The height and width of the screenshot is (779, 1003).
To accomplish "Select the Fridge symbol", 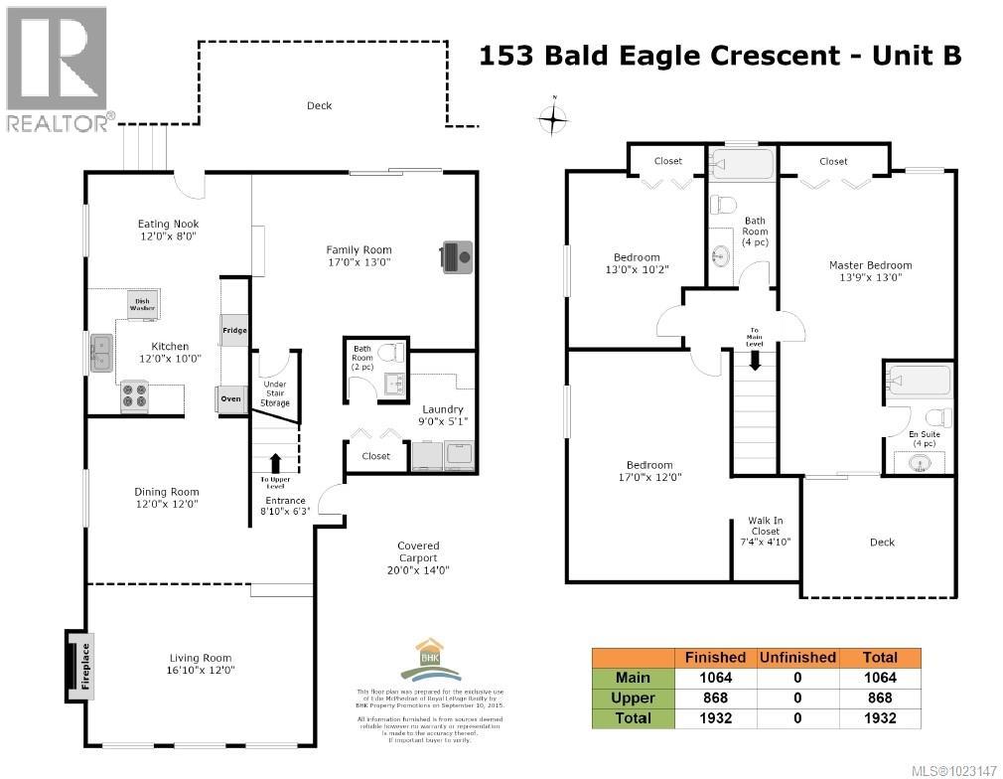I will tap(234, 331).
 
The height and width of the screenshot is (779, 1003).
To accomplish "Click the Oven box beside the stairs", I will tap(230, 399).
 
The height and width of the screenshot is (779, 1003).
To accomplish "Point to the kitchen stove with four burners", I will tap(134, 397).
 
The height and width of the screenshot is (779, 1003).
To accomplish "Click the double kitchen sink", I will tap(101, 354).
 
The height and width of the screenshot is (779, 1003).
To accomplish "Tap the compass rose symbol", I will tap(553, 119).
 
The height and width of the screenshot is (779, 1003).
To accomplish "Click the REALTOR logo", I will tap(58, 70).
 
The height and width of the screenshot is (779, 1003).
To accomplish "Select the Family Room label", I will tap(358, 256).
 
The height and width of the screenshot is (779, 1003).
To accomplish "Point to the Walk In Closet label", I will tap(765, 532).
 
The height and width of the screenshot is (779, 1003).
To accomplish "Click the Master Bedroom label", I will tap(870, 271).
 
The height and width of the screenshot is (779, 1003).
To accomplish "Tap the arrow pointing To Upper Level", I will tap(275, 463).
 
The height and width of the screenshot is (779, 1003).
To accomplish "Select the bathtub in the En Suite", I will tap(919, 381).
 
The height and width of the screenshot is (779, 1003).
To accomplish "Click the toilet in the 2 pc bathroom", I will tap(392, 352).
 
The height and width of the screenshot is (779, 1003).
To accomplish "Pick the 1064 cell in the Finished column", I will tap(714, 678).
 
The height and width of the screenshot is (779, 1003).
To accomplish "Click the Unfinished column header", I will tap(796, 657).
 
